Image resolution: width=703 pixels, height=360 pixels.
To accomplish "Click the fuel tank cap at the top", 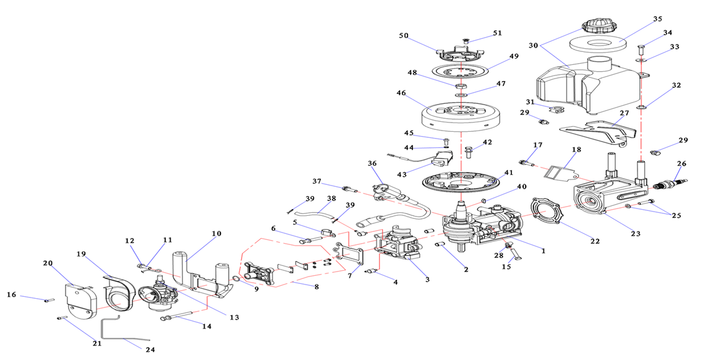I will [597, 28].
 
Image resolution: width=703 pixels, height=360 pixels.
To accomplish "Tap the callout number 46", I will [401, 94].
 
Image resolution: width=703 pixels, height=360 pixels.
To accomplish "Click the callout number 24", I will [150, 349].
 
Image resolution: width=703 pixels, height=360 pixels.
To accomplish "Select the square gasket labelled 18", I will [559, 169].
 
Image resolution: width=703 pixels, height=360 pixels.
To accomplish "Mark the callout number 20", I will [48, 263].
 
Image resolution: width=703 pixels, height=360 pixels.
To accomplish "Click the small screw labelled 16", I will [48, 301].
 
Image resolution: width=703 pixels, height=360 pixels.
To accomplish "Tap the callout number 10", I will [216, 234].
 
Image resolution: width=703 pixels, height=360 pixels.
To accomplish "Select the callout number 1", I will [543, 251].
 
